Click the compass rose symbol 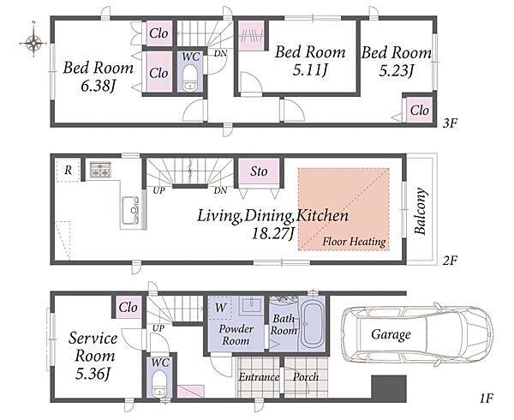[33, 43]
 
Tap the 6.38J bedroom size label [98, 87]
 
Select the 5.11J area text [310, 70]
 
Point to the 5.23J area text [397, 71]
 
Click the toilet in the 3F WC [190, 77]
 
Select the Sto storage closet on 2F [259, 172]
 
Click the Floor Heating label [354, 242]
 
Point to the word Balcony [421, 211]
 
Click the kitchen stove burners [100, 170]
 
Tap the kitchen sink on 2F [130, 210]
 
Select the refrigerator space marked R [68, 171]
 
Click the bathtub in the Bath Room [312, 325]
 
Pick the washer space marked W [220, 308]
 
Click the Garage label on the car [391, 335]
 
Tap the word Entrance [259, 377]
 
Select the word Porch [306, 377]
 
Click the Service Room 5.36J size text [93, 374]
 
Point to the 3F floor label [450, 123]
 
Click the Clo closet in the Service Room [128, 308]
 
